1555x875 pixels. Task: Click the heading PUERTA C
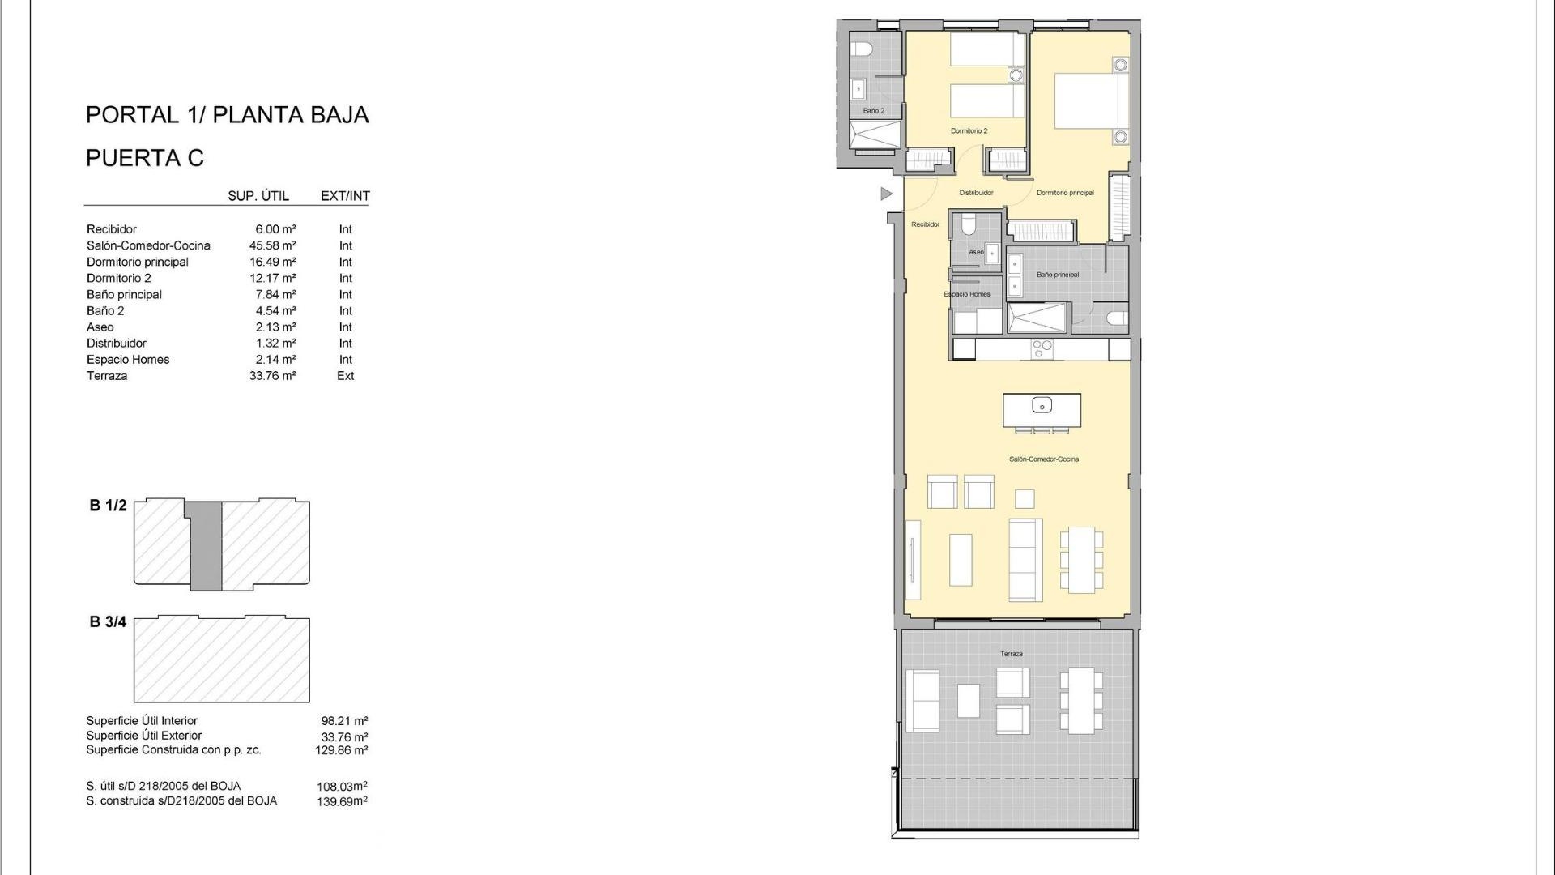click(x=145, y=158)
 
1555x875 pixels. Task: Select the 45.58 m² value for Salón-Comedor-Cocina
click(x=272, y=245)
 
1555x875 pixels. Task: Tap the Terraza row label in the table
click(x=107, y=376)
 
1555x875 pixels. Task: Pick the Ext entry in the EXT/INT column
click(x=346, y=376)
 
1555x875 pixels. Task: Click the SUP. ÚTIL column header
click(x=258, y=196)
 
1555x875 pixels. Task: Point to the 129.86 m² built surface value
click(x=342, y=750)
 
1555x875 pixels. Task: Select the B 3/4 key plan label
click(x=108, y=622)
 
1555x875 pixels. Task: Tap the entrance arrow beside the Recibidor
click(x=886, y=194)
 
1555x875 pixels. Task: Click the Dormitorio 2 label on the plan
click(x=969, y=130)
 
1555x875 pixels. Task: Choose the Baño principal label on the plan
click(x=1057, y=275)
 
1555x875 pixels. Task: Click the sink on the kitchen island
click(x=1042, y=405)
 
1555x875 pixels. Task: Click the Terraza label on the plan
click(x=1011, y=654)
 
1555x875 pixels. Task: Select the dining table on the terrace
click(x=1080, y=699)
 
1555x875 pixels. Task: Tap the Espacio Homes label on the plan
click(x=967, y=294)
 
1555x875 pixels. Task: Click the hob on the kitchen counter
click(x=1042, y=349)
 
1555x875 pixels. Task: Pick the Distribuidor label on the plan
click(x=976, y=193)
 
